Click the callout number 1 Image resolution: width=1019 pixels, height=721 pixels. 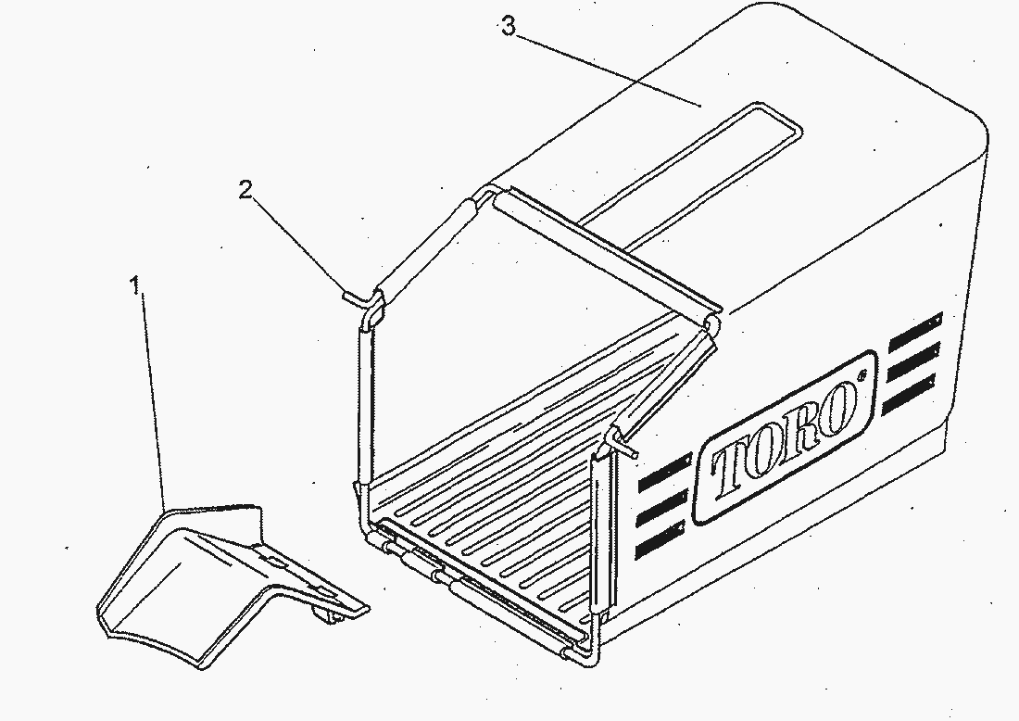pyautogui.click(x=135, y=285)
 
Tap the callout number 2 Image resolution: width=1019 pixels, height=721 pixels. pyautogui.click(x=245, y=190)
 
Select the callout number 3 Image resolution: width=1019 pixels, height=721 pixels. pyautogui.click(x=509, y=26)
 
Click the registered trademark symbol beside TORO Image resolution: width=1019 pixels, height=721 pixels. pyautogui.click(x=862, y=374)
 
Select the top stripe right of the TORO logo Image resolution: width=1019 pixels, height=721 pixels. pyautogui.click(x=914, y=332)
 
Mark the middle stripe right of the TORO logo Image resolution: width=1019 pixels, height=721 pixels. pyautogui.click(x=913, y=361)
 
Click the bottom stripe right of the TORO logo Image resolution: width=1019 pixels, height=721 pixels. pyautogui.click(x=910, y=393)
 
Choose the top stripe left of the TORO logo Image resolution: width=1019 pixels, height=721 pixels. pyautogui.click(x=665, y=473)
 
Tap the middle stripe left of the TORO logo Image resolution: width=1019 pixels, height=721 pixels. pyautogui.click(x=662, y=507)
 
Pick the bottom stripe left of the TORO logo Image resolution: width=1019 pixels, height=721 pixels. pyautogui.click(x=659, y=539)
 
